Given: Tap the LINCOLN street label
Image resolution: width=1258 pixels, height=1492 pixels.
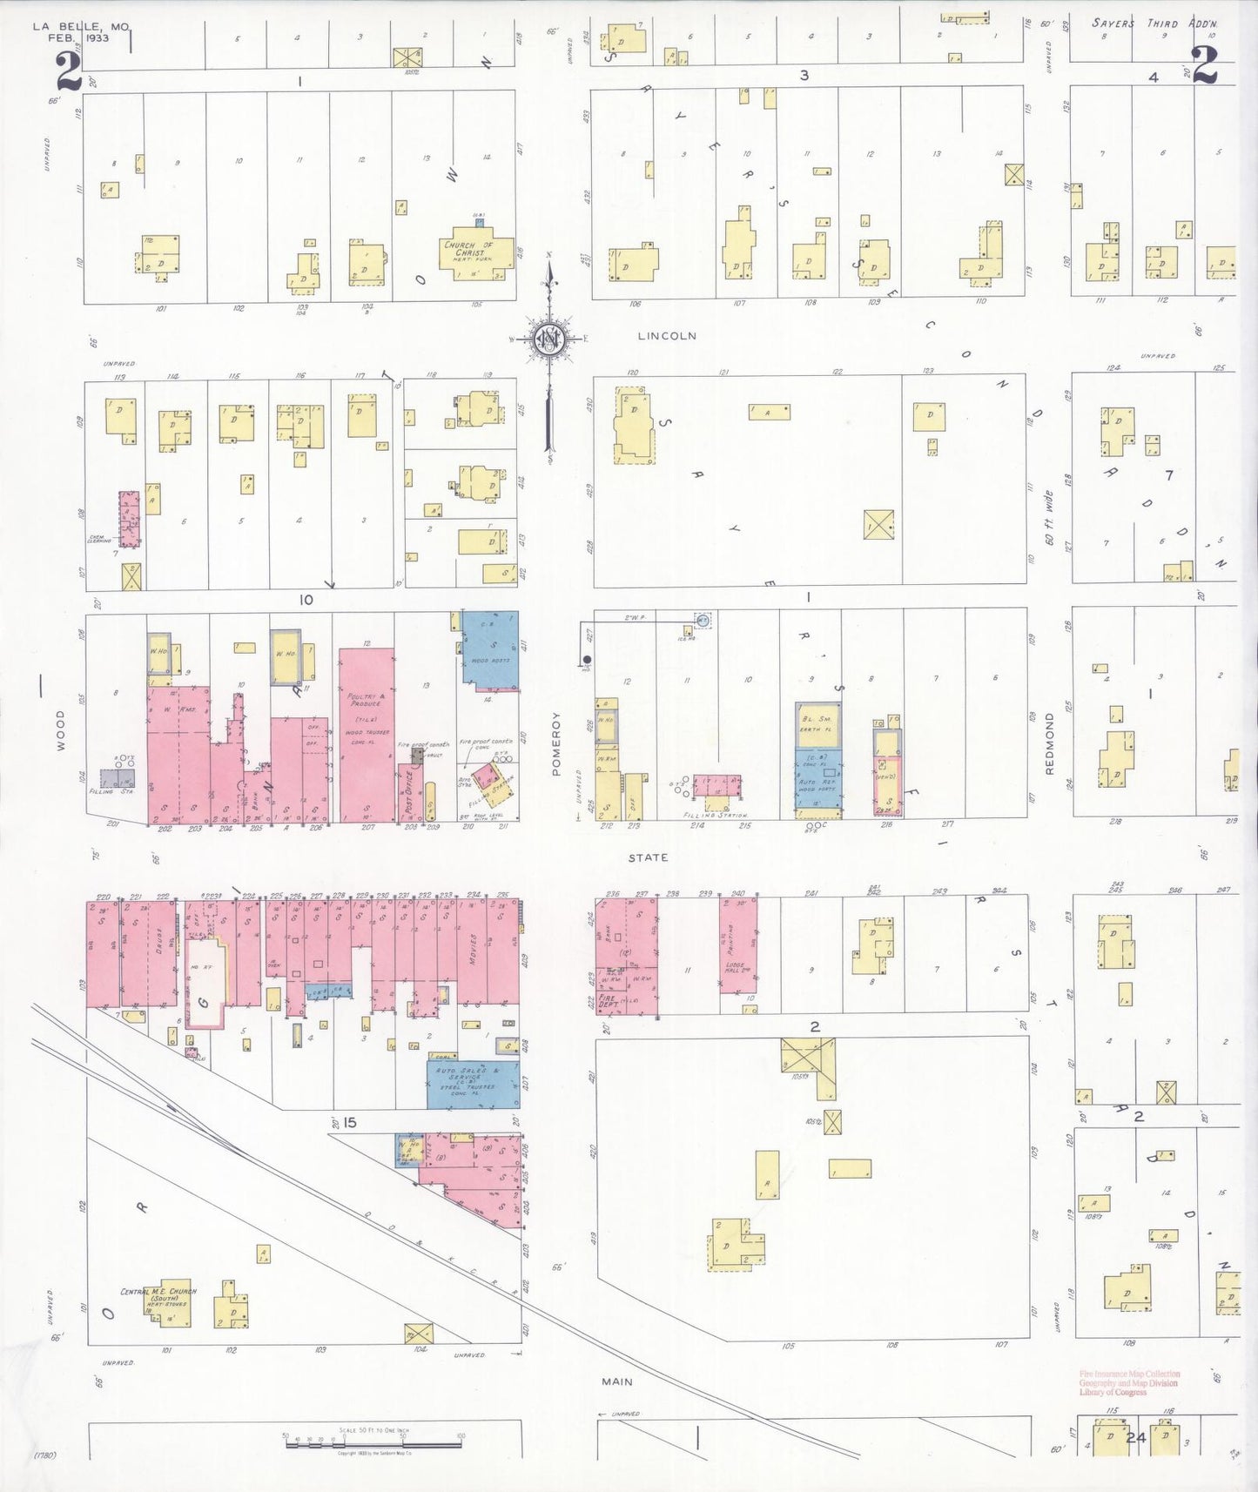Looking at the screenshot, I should click(x=667, y=336).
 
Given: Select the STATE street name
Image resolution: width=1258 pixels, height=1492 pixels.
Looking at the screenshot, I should click(x=649, y=857).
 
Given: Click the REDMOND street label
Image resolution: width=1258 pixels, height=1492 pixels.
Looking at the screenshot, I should click(x=1050, y=743).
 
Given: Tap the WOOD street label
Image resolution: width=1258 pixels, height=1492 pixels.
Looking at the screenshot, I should click(x=60, y=729).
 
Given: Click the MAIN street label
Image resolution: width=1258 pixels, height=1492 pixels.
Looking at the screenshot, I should click(x=616, y=1381).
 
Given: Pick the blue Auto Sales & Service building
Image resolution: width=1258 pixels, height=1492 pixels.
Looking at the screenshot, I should click(x=473, y=1083).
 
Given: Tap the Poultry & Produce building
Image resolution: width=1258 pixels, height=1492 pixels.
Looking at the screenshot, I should click(x=367, y=731).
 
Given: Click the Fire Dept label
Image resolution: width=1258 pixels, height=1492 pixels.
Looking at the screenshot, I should click(x=608, y=1001).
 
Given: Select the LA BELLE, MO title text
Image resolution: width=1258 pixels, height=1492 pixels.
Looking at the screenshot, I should click(x=80, y=32).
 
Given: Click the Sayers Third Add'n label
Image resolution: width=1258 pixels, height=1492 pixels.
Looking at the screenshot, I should click(x=1154, y=24).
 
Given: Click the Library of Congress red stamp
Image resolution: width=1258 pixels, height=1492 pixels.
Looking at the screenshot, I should click(x=1128, y=1383).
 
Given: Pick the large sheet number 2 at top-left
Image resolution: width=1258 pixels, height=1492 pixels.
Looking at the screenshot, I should click(x=68, y=71).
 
